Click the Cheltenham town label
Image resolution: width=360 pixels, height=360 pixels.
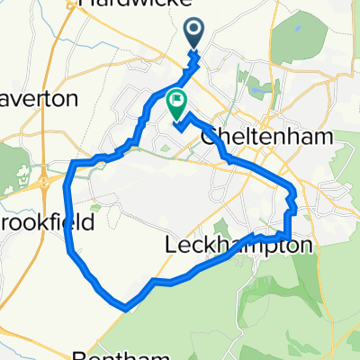tap(267, 137)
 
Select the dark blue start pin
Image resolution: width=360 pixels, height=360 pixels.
tap(195, 34)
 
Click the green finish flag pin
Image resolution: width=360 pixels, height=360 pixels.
tap(177, 104)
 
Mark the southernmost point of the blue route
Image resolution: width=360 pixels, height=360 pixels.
tap(123, 307)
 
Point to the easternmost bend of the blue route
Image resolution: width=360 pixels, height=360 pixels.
tap(294, 192)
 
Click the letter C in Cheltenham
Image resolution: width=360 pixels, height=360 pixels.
tap(210, 137)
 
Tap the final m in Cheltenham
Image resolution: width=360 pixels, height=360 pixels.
tap(322, 137)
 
